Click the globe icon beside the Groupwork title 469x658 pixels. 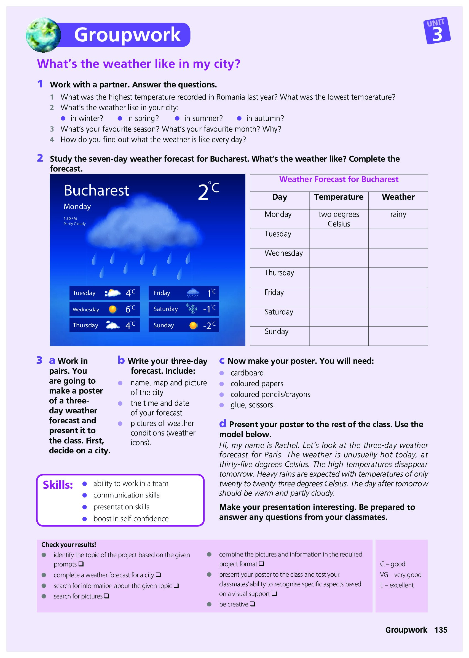(x=43, y=35)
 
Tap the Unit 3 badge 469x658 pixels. (x=437, y=31)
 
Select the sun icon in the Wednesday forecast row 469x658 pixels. (x=112, y=309)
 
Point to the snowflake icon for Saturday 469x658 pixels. (x=191, y=309)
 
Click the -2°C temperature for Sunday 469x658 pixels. (x=209, y=325)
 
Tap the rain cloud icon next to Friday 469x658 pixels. (x=193, y=293)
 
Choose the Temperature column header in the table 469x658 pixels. (x=339, y=197)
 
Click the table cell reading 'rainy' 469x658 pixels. (x=398, y=214)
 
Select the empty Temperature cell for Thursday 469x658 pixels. (x=339, y=277)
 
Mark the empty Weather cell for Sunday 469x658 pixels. (x=398, y=336)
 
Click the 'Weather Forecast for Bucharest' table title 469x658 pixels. (x=339, y=179)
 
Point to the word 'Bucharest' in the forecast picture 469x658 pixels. (x=97, y=191)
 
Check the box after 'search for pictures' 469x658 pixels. (x=106, y=596)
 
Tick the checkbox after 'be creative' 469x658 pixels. (x=252, y=604)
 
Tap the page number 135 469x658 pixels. (x=440, y=630)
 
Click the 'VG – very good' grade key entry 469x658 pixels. (x=401, y=575)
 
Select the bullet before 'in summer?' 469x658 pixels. (x=177, y=118)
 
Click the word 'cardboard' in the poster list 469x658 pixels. (x=247, y=373)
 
